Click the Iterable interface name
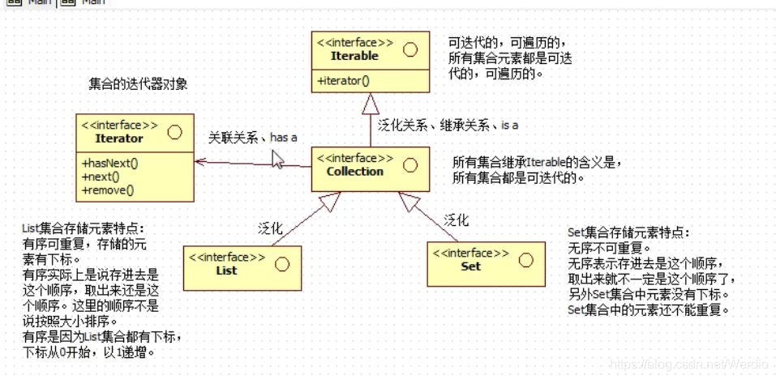(354, 56)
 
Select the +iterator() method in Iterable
(343, 80)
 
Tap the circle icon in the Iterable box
(409, 49)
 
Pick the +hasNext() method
(110, 163)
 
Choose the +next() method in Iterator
(101, 177)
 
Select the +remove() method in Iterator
(108, 190)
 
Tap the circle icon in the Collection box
(409, 165)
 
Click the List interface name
(227, 270)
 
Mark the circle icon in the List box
(281, 263)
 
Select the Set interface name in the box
(470, 266)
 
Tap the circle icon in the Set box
(525, 259)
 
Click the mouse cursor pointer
(277, 158)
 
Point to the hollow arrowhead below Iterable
(370, 103)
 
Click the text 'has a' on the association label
(283, 138)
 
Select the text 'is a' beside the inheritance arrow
(509, 126)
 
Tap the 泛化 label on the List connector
(270, 228)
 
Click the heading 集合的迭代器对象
(139, 83)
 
